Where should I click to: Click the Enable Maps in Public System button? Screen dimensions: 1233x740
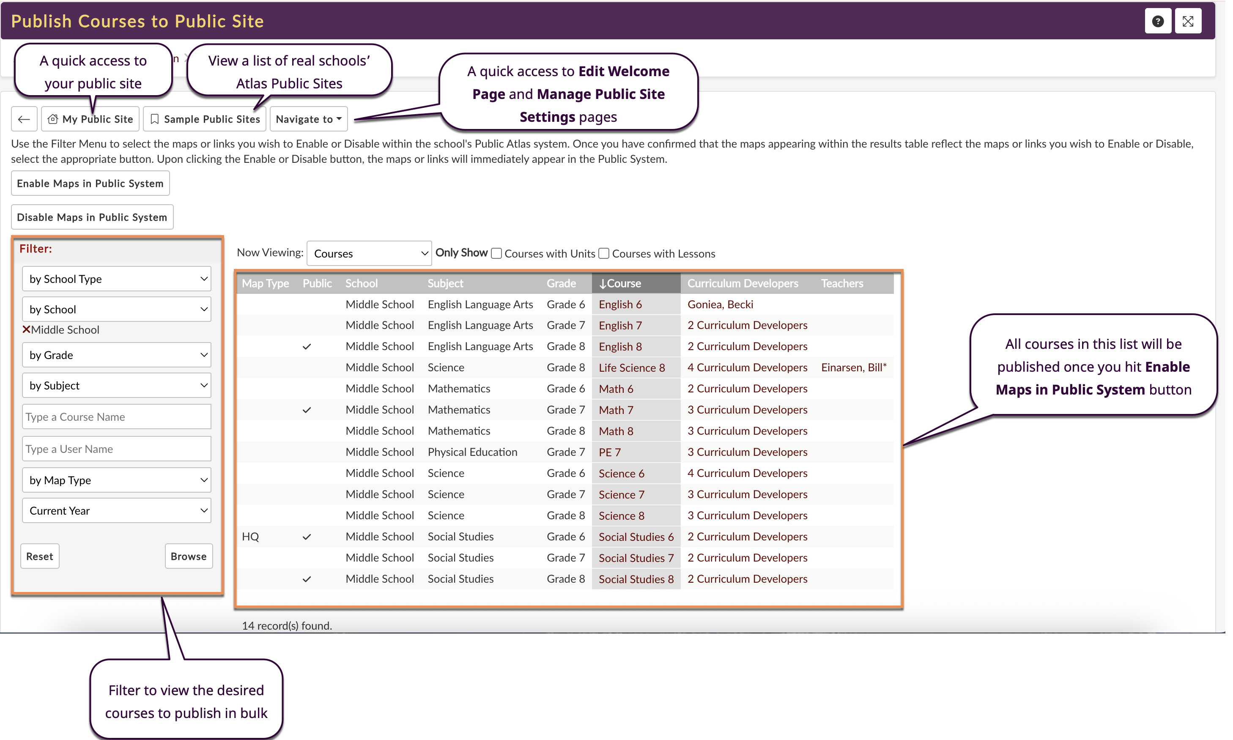90,184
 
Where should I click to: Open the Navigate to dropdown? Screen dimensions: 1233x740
309,119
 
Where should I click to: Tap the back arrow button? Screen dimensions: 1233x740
24,119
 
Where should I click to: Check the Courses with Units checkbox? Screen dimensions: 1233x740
496,253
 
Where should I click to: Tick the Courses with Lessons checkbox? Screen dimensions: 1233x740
604,253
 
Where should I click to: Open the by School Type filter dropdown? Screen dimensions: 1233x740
117,279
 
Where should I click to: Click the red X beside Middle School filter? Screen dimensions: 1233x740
26,329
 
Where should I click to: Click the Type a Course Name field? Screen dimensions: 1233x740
117,417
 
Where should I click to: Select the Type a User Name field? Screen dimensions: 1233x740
117,449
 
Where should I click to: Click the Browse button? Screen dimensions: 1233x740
189,556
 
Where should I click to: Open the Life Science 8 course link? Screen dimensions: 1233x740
632,367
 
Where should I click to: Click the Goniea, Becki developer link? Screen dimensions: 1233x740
720,304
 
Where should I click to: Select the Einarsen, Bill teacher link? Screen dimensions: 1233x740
854,367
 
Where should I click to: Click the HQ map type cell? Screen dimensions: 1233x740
250,537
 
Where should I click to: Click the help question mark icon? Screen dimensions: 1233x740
1158,21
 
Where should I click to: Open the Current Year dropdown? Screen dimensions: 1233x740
117,511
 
